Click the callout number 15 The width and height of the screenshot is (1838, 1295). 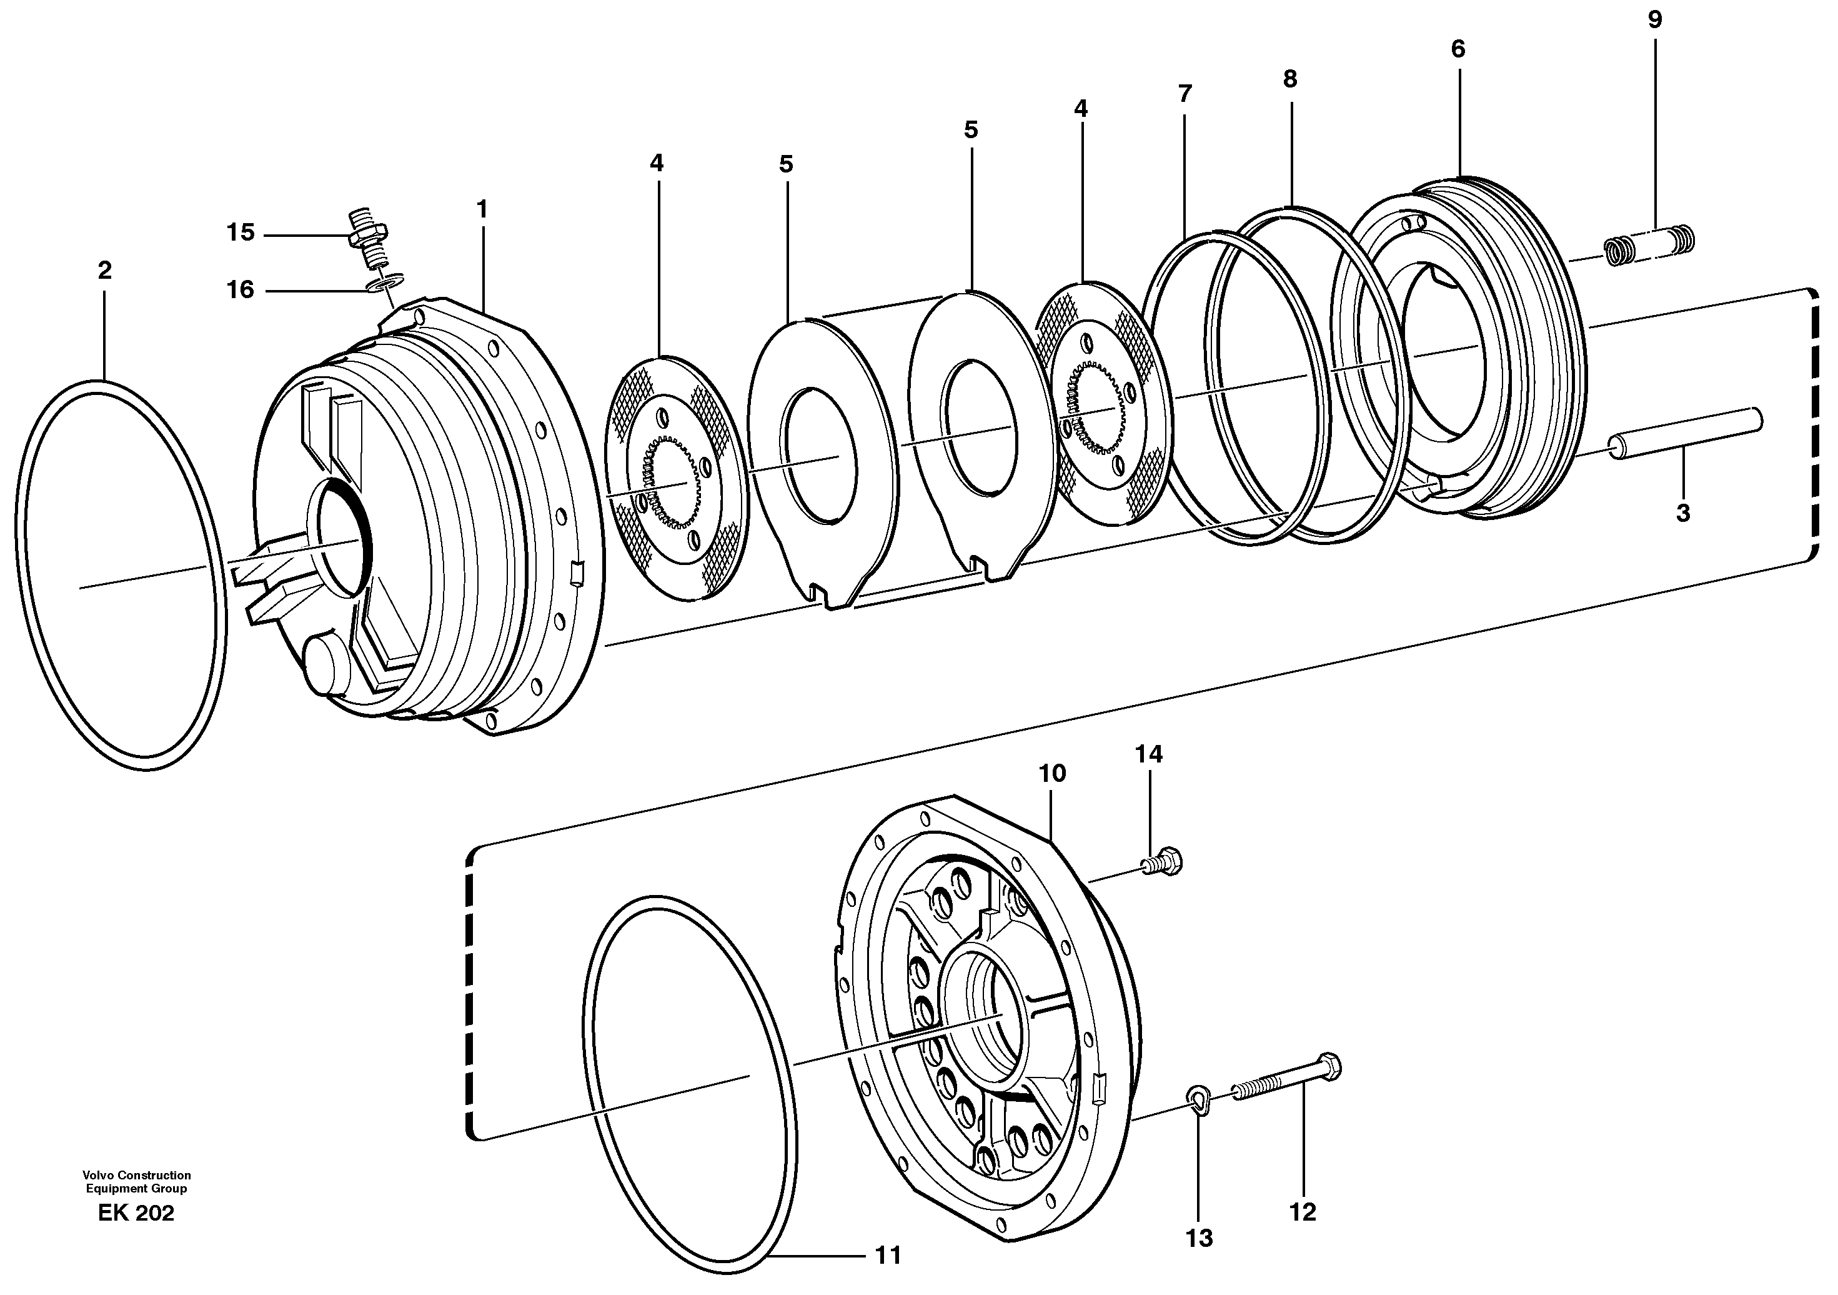pos(240,233)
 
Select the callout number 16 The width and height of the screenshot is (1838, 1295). pos(240,289)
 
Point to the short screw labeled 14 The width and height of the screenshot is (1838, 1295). pos(1163,862)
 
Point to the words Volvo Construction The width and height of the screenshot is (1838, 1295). pos(136,1176)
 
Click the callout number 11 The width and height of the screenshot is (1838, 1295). pos(888,1255)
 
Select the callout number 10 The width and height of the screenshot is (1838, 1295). pos(1053,774)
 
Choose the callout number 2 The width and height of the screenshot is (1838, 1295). pos(105,271)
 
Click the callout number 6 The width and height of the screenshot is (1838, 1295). pos(1458,49)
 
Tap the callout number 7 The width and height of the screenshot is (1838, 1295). pos(1185,94)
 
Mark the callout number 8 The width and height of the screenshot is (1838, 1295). pos(1289,79)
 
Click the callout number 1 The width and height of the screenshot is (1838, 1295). pos(481,209)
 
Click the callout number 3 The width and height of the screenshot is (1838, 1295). pos(1682,513)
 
